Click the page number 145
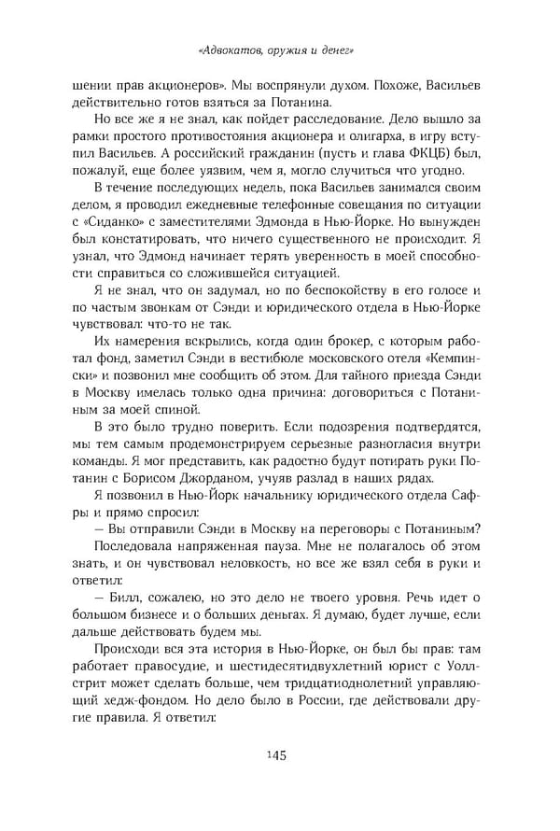(x=279, y=754)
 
